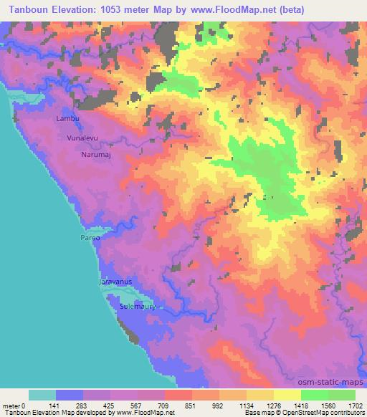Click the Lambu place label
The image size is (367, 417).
tap(67, 118)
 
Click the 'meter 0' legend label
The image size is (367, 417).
tap(15, 405)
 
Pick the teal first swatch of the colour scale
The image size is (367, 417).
tap(42, 395)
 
